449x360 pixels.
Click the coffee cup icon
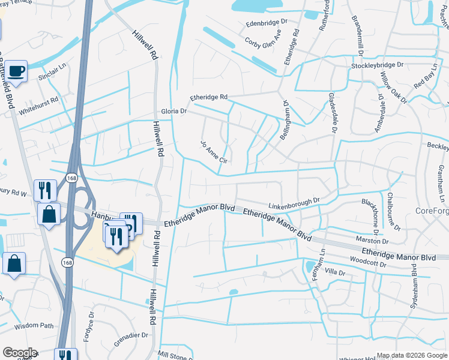pos(16,72)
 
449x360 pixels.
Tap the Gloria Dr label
pos(174,112)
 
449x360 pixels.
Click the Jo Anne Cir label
pos(214,153)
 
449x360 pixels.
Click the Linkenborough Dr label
pos(294,203)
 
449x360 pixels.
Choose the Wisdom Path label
pos(34,326)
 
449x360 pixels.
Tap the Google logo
pos(20,353)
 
